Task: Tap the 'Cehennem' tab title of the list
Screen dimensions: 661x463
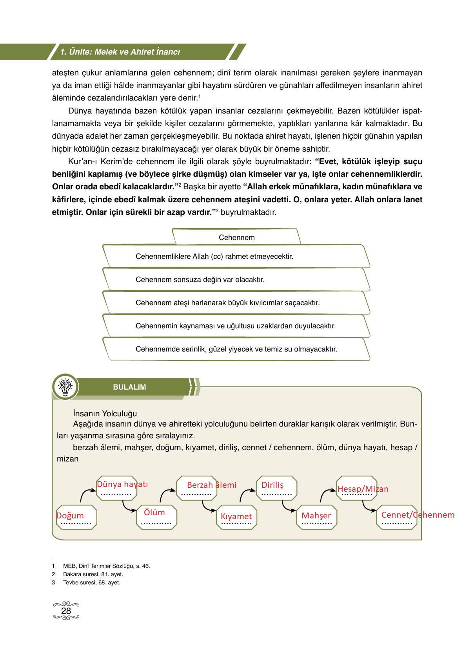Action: pyautogui.click(x=236, y=237)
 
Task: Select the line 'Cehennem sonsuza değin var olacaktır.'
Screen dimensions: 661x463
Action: pyautogui.click(x=200, y=280)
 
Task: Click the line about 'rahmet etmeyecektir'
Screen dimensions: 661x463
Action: pyautogui.click(x=214, y=256)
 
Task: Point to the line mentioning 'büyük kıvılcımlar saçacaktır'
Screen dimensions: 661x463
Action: pyautogui.click(x=227, y=303)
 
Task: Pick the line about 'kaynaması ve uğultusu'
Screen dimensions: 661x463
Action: pyautogui.click(x=235, y=326)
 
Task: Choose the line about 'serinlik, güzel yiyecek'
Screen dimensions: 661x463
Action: pyautogui.click(x=236, y=349)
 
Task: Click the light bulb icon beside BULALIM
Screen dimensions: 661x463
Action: pyautogui.click(x=65, y=386)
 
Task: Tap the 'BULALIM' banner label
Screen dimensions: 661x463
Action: pyautogui.click(x=129, y=387)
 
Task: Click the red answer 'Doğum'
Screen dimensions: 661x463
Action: pyautogui.click(x=70, y=516)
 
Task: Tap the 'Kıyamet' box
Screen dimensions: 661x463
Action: pyautogui.click(x=236, y=516)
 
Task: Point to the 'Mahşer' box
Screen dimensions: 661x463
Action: pyautogui.click(x=316, y=516)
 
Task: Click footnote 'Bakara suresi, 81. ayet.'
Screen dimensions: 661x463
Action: pyautogui.click(x=93, y=574)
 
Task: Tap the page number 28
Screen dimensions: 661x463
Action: pyautogui.click(x=66, y=611)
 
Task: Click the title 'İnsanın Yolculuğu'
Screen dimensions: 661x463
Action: pyautogui.click(x=105, y=413)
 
